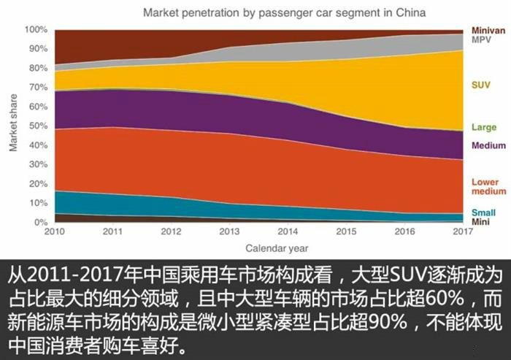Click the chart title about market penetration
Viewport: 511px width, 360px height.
point(284,13)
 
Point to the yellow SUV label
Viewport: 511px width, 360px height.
point(480,85)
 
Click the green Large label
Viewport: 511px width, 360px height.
point(483,128)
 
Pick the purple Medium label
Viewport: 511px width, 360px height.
point(488,145)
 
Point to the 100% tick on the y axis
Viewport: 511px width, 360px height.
point(36,30)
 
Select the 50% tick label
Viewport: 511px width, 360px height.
point(38,126)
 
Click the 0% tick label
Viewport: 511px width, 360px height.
point(41,222)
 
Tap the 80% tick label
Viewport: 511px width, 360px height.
point(38,68)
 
